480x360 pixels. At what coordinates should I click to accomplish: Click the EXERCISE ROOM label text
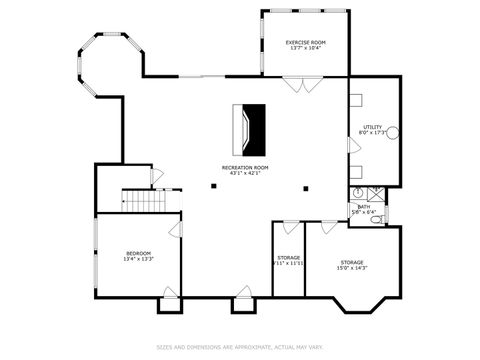point(304,42)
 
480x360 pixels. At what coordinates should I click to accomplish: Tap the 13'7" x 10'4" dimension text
point(304,49)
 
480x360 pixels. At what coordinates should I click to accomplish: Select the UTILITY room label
point(372,127)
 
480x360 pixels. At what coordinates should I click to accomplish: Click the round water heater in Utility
point(394,133)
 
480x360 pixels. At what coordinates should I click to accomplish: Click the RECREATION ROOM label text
point(245,167)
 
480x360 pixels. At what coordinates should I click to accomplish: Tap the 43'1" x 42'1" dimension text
point(245,174)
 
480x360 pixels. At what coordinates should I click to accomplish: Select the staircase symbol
point(136,201)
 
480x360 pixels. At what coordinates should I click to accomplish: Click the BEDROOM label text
point(138,253)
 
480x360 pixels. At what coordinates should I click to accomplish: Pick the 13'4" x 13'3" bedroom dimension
point(138,260)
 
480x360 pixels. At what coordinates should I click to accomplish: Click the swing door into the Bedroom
point(176,231)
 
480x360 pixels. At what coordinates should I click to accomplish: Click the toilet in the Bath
point(376,218)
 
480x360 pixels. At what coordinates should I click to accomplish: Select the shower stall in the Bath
point(375,193)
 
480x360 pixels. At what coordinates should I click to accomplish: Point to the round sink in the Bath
point(356,192)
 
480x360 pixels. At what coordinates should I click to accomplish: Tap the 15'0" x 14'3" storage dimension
point(350,268)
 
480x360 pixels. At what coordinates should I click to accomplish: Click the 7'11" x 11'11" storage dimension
point(289,264)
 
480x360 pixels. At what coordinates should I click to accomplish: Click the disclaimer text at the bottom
point(240,348)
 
